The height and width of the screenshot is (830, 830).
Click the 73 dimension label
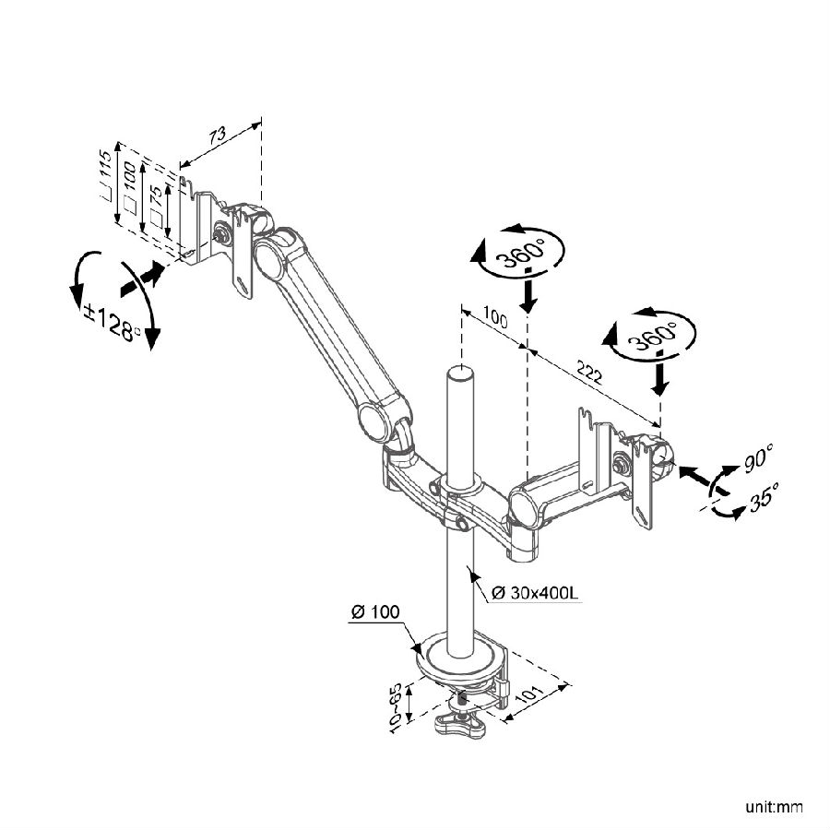pos(218,136)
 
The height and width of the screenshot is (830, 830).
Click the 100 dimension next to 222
pos(496,321)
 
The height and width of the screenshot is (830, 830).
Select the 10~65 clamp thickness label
pos(396,708)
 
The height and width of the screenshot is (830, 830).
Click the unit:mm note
pos(776,808)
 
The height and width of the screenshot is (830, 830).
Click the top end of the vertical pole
pos(460,372)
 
